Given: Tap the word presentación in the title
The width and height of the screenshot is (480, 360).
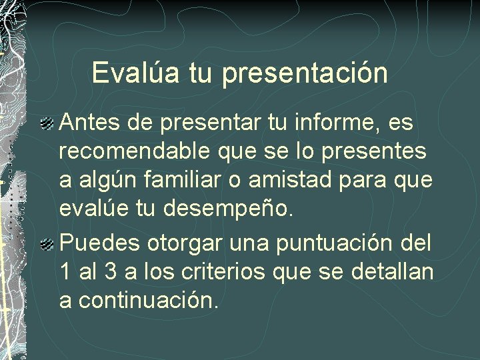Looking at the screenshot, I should [305, 74].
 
